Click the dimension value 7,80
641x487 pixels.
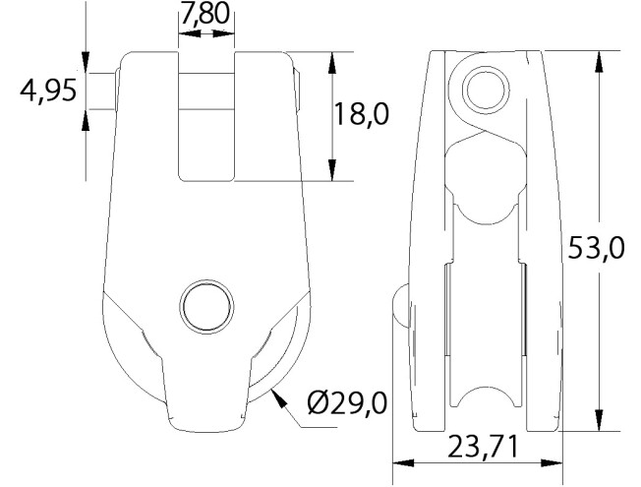pyautogui.click(x=206, y=16)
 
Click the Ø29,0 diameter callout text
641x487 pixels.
pyautogui.click(x=346, y=403)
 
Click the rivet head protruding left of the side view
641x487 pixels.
pyautogui.click(x=399, y=305)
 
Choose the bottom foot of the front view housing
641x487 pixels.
pyautogui.click(x=206, y=418)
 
